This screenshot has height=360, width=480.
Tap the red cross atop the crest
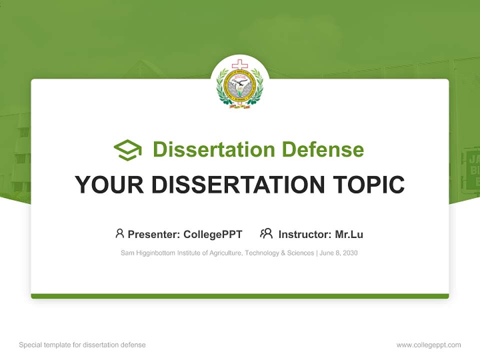(x=239, y=64)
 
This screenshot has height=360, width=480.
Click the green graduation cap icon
(x=127, y=150)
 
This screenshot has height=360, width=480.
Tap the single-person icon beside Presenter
(x=119, y=233)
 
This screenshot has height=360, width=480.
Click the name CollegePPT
(x=212, y=234)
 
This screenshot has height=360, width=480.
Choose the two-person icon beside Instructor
(x=266, y=233)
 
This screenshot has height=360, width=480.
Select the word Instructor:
(x=304, y=234)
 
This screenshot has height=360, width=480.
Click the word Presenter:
(x=154, y=234)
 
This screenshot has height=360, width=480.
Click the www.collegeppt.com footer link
(x=428, y=345)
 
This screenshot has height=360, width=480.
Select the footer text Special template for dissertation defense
(x=82, y=345)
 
